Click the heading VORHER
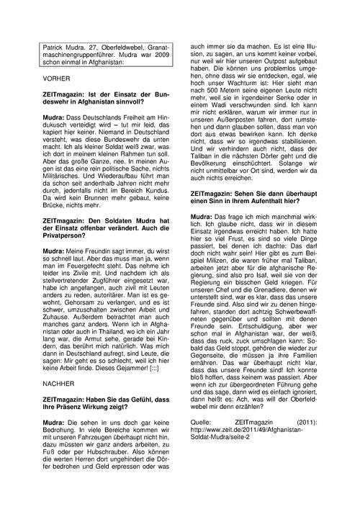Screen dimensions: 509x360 [57, 76]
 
